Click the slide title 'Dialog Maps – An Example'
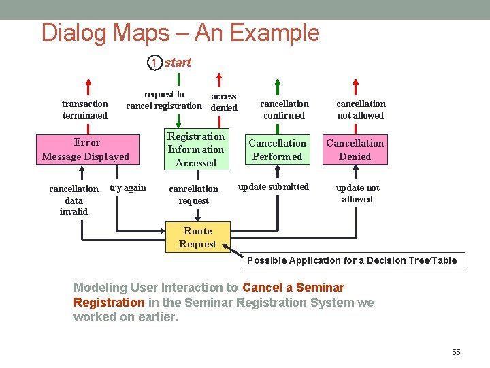(180, 33)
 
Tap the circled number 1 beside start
(154, 63)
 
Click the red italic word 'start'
(178, 63)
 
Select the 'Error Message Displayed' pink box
(86, 150)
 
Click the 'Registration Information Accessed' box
(196, 149)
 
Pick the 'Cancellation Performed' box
(277, 150)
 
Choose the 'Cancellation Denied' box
(355, 150)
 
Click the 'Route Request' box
(197, 237)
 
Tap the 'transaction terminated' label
(85, 110)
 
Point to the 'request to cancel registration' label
(164, 100)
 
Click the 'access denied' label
(224, 102)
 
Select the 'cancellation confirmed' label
(284, 110)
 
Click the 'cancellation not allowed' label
(361, 110)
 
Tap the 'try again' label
(128, 188)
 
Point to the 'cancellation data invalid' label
(73, 200)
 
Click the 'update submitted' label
(274, 187)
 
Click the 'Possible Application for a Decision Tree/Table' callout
(352, 260)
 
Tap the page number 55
(456, 352)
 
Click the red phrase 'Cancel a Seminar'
(293, 288)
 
